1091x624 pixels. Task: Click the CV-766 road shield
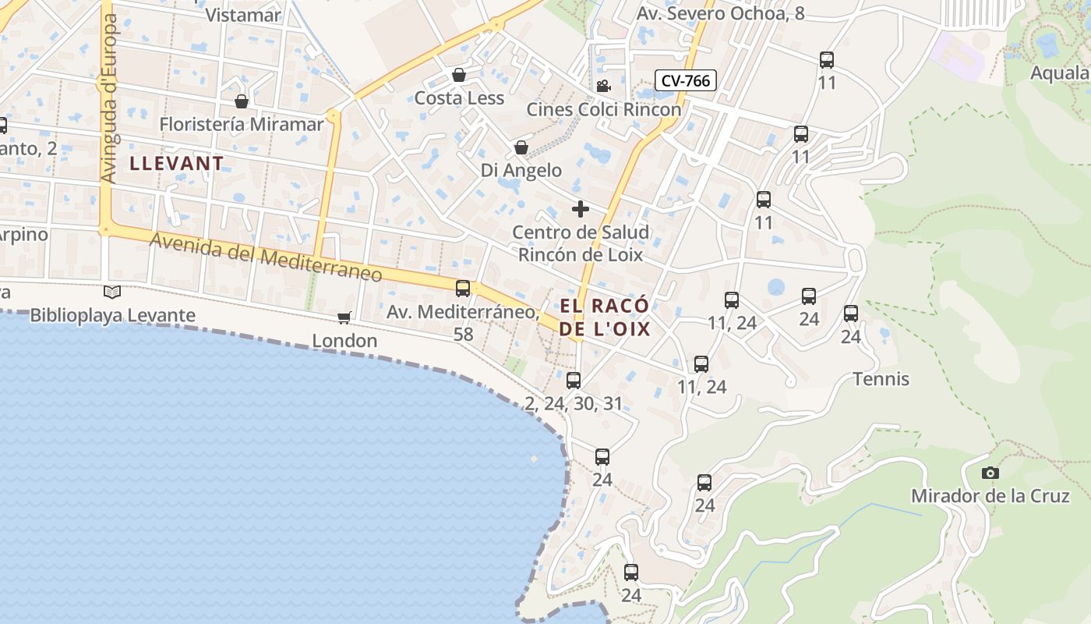tap(685, 80)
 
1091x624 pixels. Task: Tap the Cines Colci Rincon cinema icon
tap(602, 86)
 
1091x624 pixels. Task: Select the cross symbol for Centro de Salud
tap(581, 208)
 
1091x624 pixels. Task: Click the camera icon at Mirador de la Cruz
tap(990, 473)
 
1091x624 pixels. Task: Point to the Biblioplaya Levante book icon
tap(112, 292)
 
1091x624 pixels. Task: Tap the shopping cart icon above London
tap(344, 317)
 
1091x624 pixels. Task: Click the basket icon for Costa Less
tap(459, 75)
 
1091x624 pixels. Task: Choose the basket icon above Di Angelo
tap(521, 147)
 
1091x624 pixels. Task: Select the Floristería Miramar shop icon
tap(242, 101)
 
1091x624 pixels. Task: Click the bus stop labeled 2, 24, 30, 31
tap(574, 380)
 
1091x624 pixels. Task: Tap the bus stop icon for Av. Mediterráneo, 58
tap(463, 289)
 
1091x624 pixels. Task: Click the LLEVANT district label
tap(177, 164)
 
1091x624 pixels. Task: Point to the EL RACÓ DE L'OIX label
tap(605, 317)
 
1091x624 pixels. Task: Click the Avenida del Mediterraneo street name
tap(266, 257)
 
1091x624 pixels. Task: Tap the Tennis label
tap(881, 379)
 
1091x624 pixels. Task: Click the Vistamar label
tap(243, 15)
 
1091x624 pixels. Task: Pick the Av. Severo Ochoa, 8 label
tap(721, 13)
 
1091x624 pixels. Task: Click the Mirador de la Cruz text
tap(990, 496)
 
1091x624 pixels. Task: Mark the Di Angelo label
tap(521, 170)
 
